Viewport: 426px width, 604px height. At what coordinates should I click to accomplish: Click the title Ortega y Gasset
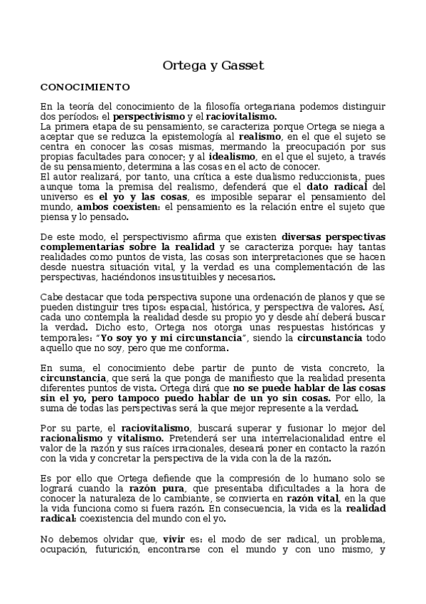tap(213, 66)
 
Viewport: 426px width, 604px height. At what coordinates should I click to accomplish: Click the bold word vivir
tap(175, 558)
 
